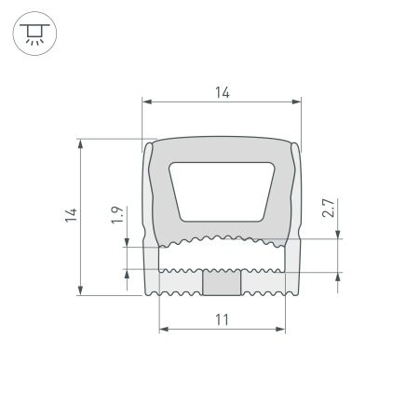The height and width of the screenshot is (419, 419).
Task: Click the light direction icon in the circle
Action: tap(34, 35)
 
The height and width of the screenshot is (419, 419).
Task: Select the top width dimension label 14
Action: tap(222, 91)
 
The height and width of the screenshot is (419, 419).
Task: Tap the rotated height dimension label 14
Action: tap(70, 217)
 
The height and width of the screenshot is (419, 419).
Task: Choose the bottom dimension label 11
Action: tap(222, 319)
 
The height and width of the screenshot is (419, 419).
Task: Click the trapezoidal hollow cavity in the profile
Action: tap(222, 191)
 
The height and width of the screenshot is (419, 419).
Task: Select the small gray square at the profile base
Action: tap(222, 282)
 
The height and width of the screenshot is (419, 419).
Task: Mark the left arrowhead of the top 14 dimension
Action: tap(145, 101)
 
